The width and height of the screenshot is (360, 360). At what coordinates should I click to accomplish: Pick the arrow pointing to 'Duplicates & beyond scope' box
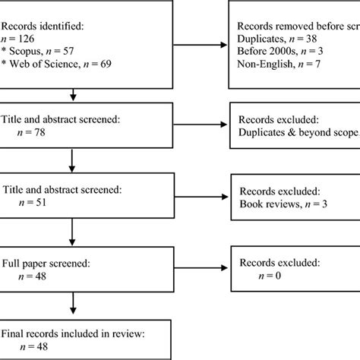click(x=204, y=125)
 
